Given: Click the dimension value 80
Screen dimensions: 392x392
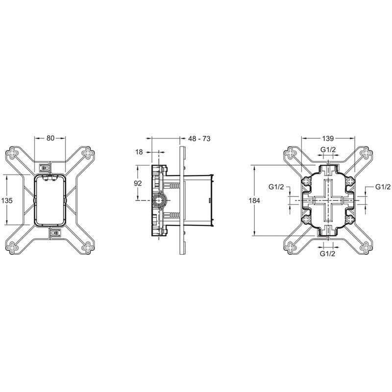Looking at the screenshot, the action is [x=50, y=138].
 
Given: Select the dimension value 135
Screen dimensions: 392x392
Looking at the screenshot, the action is [x=7, y=200].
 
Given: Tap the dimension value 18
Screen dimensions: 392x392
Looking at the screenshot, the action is [x=139, y=152].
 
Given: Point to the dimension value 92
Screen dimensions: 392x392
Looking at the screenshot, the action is [x=138, y=183].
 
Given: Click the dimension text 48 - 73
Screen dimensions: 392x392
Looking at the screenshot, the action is [x=199, y=139].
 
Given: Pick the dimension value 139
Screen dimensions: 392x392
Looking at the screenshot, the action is [x=328, y=138].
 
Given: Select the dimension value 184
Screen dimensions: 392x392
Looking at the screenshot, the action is [x=254, y=200].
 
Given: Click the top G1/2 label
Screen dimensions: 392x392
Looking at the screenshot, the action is [x=328, y=149].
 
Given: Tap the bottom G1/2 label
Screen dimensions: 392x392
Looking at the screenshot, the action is [x=327, y=254].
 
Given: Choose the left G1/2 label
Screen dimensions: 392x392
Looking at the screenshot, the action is [x=276, y=187].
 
